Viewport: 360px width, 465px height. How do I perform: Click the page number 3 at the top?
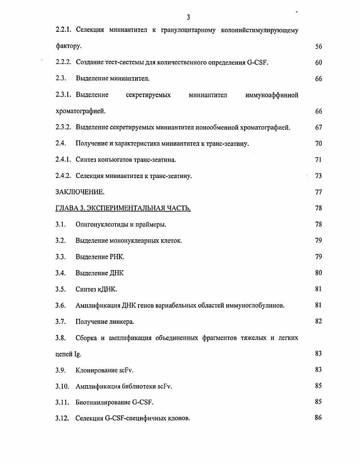(x=188, y=17)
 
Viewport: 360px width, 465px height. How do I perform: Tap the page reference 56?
(x=318, y=46)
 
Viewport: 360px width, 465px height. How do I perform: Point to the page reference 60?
(x=318, y=63)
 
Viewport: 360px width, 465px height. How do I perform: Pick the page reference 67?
(x=318, y=128)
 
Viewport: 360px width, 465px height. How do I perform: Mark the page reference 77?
(x=318, y=192)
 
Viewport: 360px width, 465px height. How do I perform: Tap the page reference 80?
(x=318, y=273)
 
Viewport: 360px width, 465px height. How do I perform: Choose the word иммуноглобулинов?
(x=255, y=306)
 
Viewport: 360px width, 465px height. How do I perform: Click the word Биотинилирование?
(x=103, y=402)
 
